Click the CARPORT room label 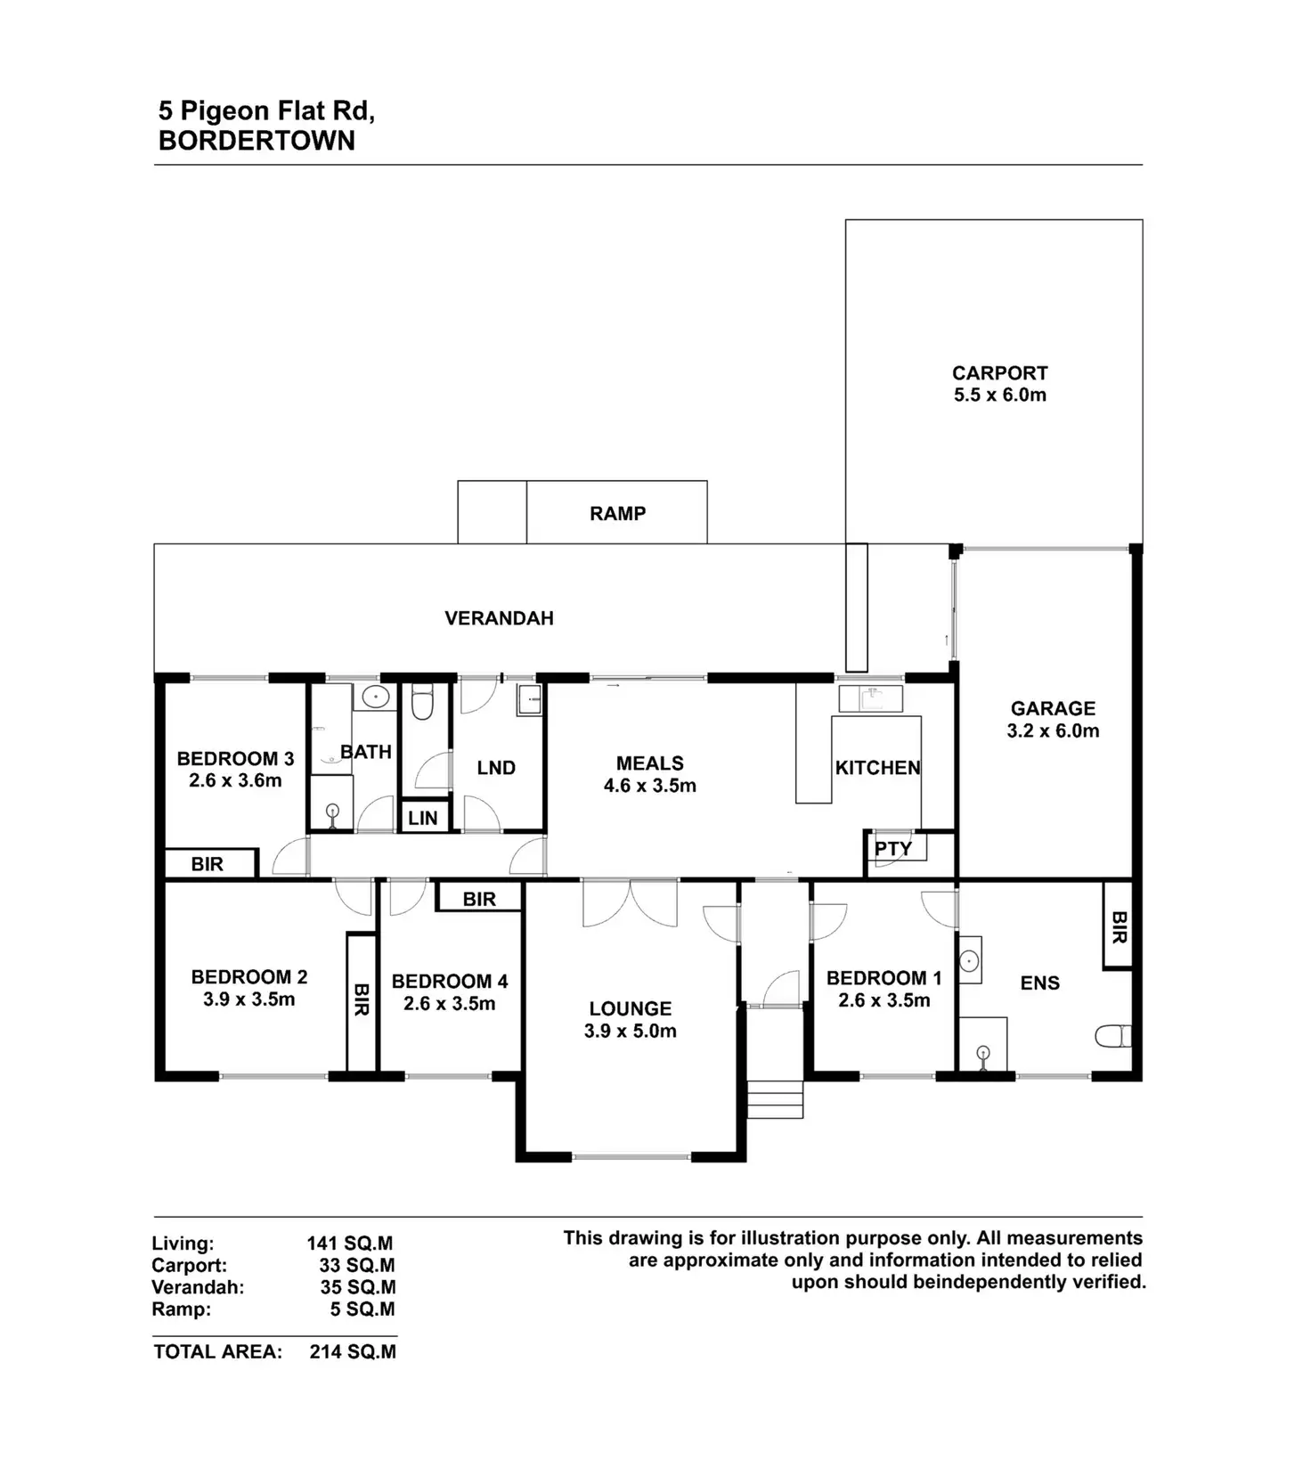999,373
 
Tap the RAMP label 617,513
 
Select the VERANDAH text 499,618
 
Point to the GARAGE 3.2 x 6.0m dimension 1053,731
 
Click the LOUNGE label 630,1008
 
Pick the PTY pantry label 892,849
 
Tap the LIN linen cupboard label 423,818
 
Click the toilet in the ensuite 1112,1036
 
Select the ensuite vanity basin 969,961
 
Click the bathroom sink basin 377,697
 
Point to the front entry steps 774,1099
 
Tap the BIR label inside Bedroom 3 208,864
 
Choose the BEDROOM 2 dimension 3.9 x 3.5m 248,999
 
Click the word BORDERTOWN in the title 256,141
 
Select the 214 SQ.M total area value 353,1351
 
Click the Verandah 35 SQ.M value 357,1287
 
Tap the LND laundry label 496,768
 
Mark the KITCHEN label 877,768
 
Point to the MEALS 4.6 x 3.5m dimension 650,786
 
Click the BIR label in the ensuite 1119,927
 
